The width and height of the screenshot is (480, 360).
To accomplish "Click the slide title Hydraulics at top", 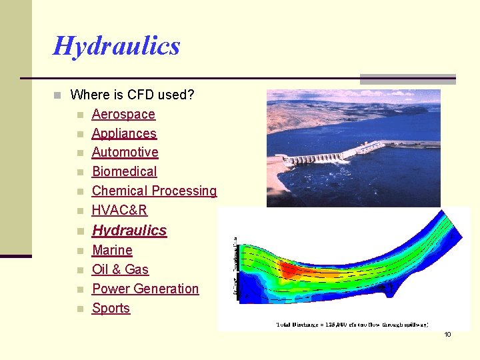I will click(x=117, y=46).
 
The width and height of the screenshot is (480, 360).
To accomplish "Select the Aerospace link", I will click(x=123, y=114).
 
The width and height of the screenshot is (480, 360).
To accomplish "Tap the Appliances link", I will click(x=124, y=133).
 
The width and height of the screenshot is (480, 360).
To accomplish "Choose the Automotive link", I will click(x=125, y=152).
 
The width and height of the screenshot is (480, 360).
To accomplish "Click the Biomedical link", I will click(x=125, y=171).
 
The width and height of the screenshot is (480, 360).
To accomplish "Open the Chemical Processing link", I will click(x=154, y=191).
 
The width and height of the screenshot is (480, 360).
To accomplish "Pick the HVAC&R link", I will click(x=119, y=210).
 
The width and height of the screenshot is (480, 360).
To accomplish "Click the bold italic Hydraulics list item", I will click(x=129, y=231).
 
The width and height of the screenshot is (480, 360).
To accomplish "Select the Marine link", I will click(x=112, y=250).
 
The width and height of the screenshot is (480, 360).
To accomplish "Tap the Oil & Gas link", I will click(x=120, y=269).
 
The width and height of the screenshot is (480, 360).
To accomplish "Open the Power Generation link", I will click(x=145, y=289).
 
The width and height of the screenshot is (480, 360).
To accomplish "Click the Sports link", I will click(x=111, y=308).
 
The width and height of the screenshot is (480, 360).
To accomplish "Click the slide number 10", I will click(x=447, y=334).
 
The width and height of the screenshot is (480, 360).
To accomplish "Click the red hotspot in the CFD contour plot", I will click(x=288, y=269).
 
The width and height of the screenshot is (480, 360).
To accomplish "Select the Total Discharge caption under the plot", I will click(x=352, y=325).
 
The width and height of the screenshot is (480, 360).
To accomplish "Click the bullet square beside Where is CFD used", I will click(x=57, y=95).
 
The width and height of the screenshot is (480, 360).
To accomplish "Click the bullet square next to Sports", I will click(x=79, y=309).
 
